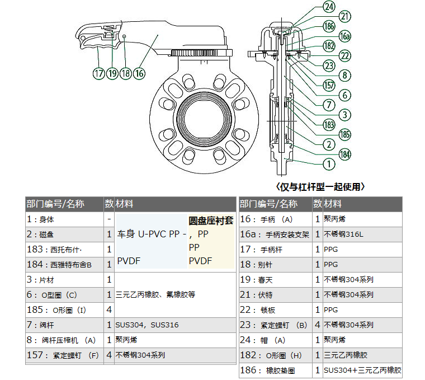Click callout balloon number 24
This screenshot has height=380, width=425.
(x=329, y=6)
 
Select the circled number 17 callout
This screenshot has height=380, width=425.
(x=99, y=73)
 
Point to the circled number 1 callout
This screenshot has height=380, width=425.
(x=329, y=164)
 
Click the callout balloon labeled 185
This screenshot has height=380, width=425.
(x=345, y=134)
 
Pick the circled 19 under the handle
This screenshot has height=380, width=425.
(x=112, y=73)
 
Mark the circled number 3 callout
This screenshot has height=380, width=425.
(x=345, y=114)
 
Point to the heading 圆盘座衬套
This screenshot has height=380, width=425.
(x=211, y=221)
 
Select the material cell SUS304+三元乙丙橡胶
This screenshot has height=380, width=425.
(x=362, y=370)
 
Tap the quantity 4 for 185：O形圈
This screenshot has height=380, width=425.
(x=109, y=309)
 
